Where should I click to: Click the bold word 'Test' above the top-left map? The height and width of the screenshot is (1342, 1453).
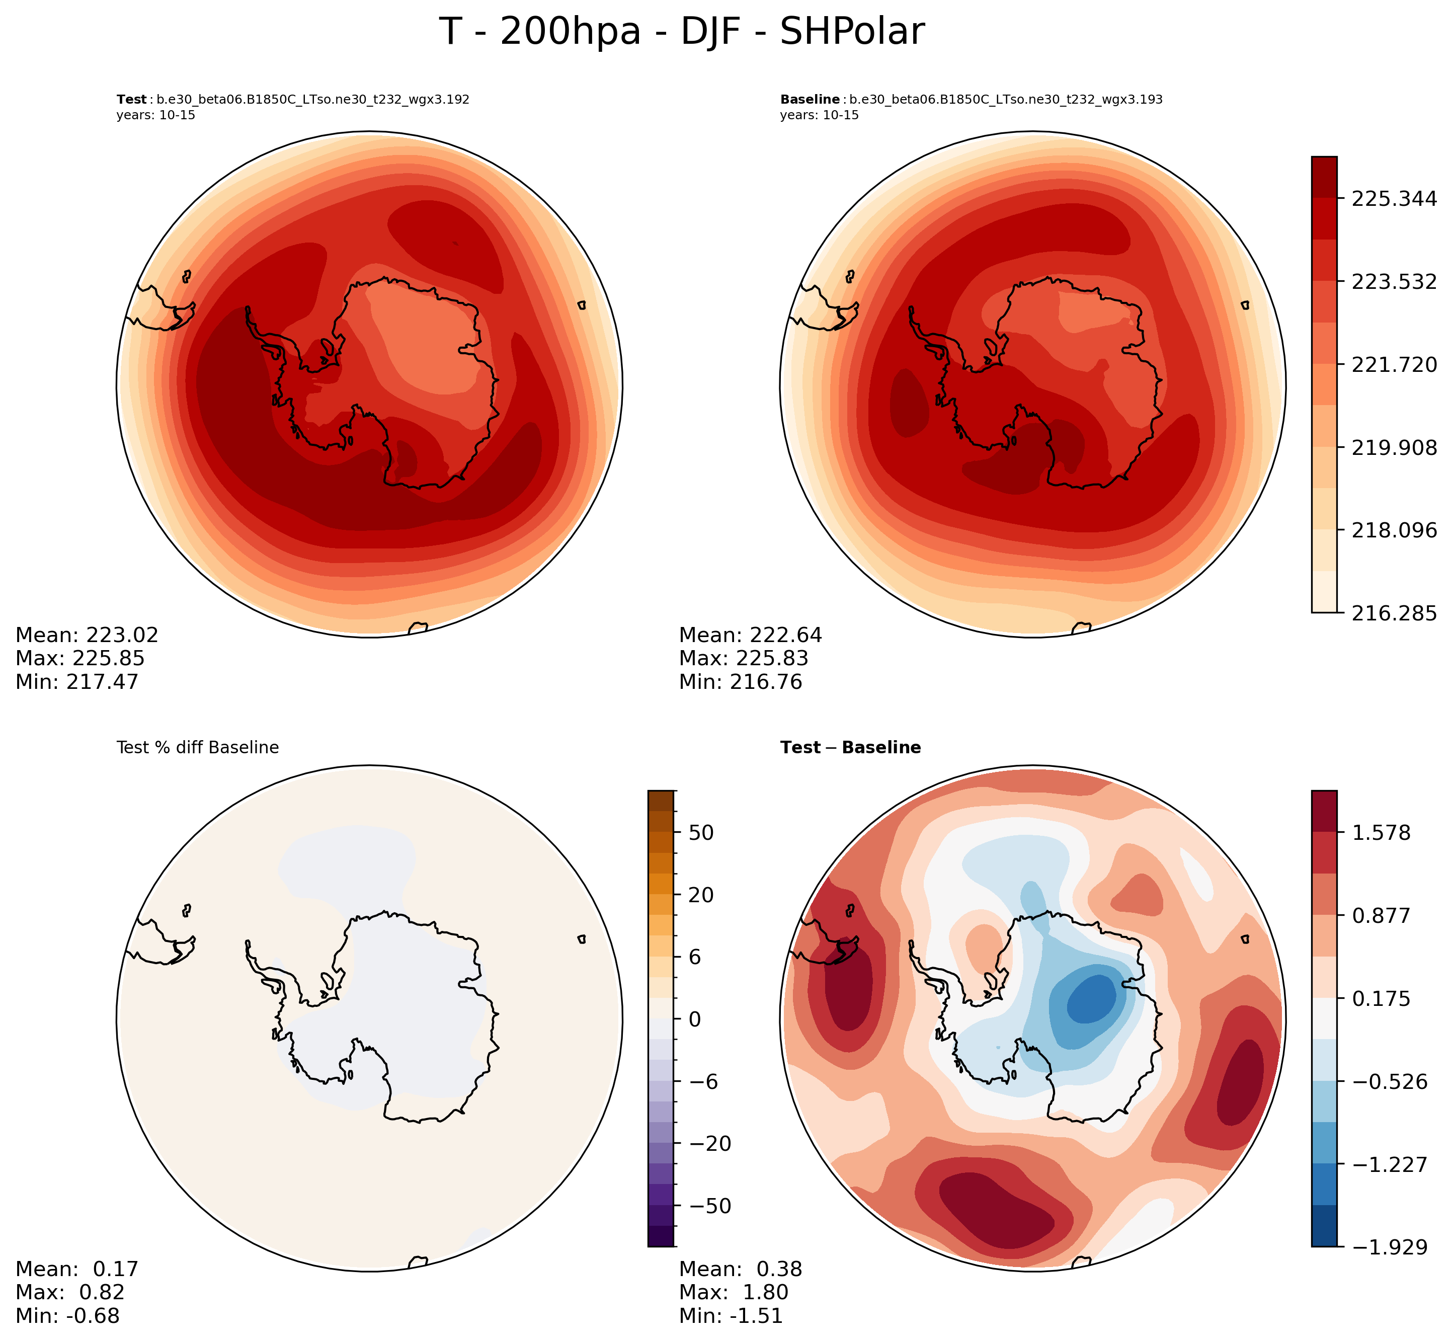pos(131,100)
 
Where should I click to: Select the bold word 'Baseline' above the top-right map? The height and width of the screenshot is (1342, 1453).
pos(810,100)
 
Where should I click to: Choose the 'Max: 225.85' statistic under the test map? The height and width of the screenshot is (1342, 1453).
pos(80,659)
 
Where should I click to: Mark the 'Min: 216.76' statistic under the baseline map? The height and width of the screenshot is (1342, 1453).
pos(741,682)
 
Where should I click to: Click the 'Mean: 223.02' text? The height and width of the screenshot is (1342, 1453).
pos(87,636)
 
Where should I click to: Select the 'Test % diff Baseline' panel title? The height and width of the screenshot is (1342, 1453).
pos(198,748)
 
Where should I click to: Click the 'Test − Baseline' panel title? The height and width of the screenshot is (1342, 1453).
pos(850,748)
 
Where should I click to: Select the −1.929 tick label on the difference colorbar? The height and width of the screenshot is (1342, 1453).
pos(1387,1247)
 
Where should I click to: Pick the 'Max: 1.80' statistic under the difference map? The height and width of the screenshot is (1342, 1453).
pos(734,1293)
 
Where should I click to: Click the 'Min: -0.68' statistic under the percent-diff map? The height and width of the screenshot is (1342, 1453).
pos(67,1316)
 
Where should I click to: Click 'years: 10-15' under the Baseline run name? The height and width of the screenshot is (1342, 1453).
pos(819,115)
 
